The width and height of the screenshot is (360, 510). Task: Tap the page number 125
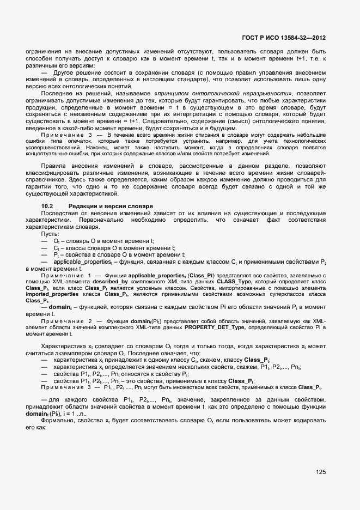pos(320,472)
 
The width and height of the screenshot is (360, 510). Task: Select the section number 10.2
pos(47,205)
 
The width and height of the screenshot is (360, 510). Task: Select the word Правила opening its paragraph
pos(54,165)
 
